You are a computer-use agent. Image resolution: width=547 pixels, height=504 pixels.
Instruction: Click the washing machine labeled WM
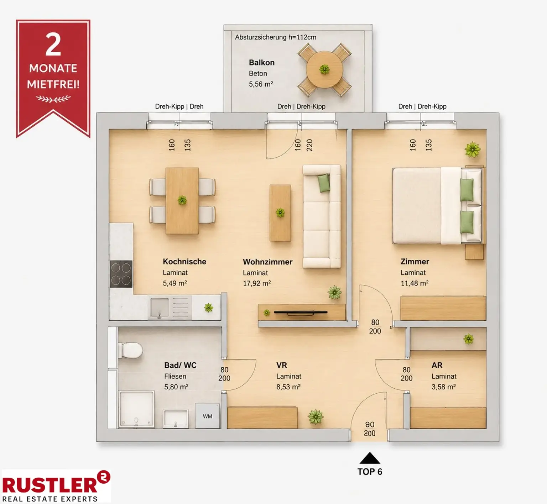(208, 416)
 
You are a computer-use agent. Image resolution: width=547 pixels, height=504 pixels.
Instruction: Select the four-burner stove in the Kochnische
(121, 274)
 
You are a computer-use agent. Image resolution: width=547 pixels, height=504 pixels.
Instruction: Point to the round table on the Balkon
(324, 69)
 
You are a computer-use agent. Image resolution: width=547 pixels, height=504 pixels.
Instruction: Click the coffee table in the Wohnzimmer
(280, 213)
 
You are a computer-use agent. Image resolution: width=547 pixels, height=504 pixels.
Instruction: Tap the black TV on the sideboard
(301, 313)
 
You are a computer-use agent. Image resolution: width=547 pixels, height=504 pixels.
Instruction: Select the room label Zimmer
(415, 262)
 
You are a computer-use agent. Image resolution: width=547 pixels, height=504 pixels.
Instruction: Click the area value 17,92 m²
(257, 283)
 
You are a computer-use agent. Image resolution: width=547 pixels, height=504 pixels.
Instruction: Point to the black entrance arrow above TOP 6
(370, 458)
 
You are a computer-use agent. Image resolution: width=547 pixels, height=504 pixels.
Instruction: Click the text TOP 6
(370, 472)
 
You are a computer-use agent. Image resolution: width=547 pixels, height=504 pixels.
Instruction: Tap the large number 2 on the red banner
(53, 44)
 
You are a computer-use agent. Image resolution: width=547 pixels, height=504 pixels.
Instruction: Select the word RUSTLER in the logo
(50, 485)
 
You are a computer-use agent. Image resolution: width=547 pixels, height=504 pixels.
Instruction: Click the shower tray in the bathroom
(136, 409)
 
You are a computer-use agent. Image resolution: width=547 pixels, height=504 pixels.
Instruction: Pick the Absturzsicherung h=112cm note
(276, 37)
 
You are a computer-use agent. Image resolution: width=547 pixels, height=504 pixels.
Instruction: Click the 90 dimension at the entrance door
(370, 425)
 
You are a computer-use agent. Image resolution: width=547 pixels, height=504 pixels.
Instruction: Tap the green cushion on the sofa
(324, 183)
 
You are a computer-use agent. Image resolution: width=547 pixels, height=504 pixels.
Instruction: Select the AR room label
(437, 365)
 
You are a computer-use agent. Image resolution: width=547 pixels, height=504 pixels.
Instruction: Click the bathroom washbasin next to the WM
(176, 419)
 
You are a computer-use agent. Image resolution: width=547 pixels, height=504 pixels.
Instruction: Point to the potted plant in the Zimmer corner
(473, 149)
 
